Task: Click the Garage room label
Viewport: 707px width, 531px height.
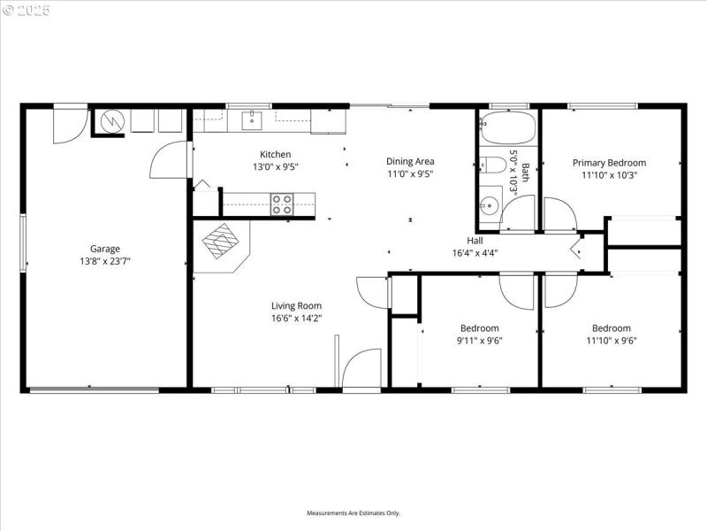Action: [104, 249]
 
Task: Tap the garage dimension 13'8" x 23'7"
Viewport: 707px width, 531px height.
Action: [104, 261]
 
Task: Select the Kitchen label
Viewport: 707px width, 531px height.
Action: [275, 154]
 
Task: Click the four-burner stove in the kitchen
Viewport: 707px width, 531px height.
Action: [282, 204]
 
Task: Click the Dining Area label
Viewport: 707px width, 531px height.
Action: [410, 161]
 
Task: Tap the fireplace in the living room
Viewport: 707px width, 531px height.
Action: [221, 240]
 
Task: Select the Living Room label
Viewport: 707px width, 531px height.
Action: [296, 305]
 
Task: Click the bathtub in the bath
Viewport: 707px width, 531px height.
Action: [507, 129]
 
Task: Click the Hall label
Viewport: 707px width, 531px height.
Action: [475, 240]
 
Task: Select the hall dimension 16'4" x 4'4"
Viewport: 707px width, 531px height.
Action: [475, 252]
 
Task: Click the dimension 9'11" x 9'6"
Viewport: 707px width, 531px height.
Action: [478, 340]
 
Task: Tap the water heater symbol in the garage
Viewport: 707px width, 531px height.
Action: [112, 120]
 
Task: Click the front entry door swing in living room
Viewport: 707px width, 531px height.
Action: [362, 368]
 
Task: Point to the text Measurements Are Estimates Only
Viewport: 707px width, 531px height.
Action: [353, 513]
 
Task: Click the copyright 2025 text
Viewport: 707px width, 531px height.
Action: [27, 11]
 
